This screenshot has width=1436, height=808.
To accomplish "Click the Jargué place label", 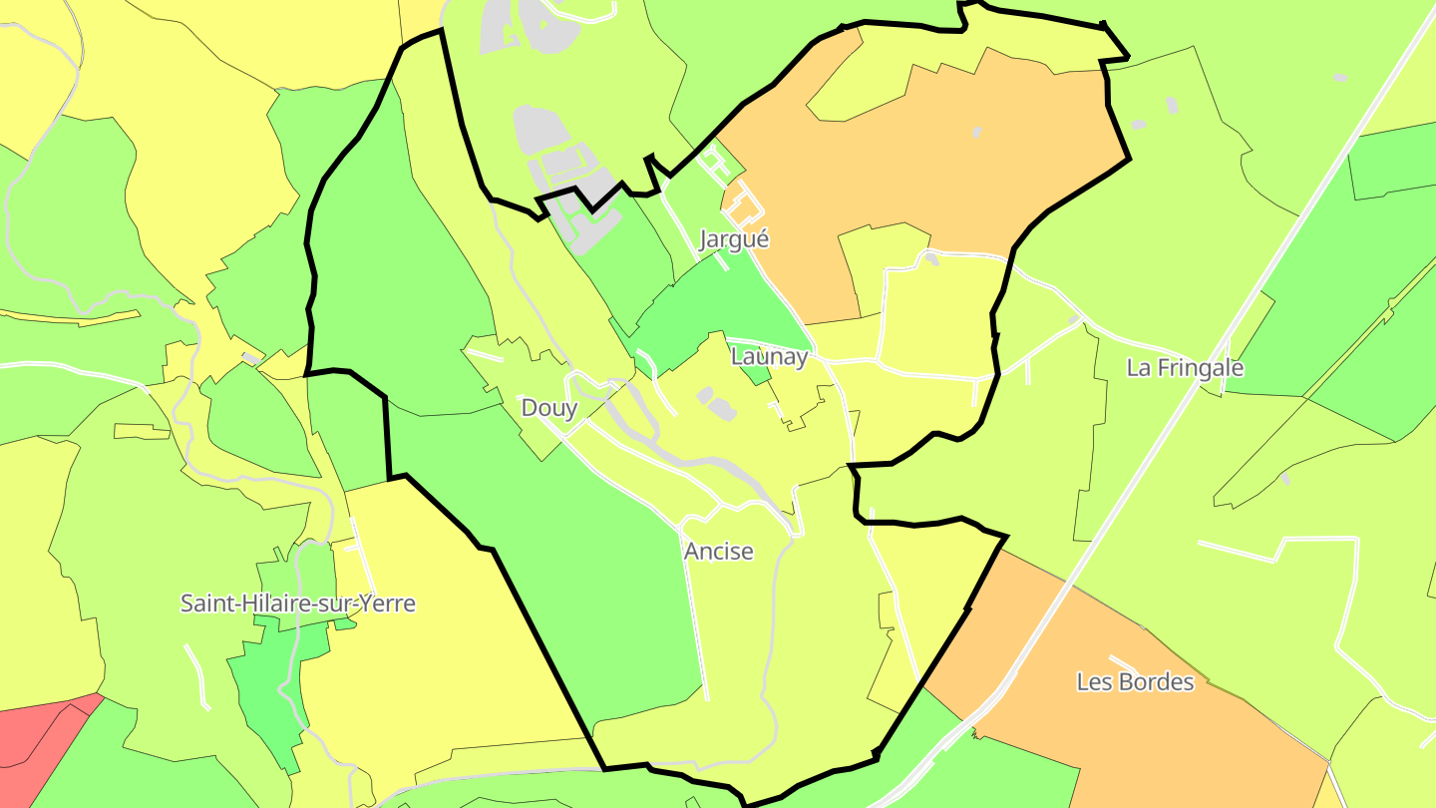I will click(x=734, y=239).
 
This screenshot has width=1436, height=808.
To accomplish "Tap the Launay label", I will click(x=768, y=356).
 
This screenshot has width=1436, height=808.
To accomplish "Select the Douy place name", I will click(x=549, y=407).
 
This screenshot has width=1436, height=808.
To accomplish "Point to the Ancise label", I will click(x=718, y=551).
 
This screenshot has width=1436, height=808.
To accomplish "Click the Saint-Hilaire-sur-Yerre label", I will click(x=297, y=604).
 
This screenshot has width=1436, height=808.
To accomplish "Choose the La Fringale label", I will click(x=1185, y=367).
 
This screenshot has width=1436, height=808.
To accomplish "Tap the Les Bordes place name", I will click(x=1135, y=682).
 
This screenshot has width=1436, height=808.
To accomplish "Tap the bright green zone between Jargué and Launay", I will click(x=728, y=299).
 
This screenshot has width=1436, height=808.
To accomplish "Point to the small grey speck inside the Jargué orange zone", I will click(x=976, y=132).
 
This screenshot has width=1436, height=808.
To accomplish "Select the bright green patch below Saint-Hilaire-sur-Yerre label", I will click(x=269, y=688).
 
